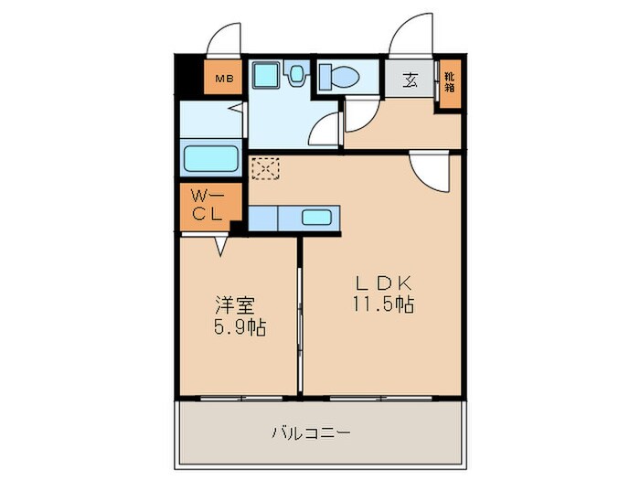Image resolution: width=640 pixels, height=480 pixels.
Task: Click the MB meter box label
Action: [x=224, y=79]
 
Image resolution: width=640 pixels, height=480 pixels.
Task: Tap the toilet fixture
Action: [x=340, y=76]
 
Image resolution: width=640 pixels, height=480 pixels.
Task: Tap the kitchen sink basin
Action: [x=317, y=218]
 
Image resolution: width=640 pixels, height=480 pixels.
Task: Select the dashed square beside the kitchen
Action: [x=265, y=168]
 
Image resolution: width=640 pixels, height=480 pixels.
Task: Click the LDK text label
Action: [x=384, y=283]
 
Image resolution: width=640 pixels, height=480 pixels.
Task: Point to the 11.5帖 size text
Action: [x=384, y=304]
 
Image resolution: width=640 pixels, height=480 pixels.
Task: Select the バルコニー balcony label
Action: [x=311, y=432]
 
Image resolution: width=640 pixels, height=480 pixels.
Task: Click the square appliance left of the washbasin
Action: [x=266, y=74]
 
